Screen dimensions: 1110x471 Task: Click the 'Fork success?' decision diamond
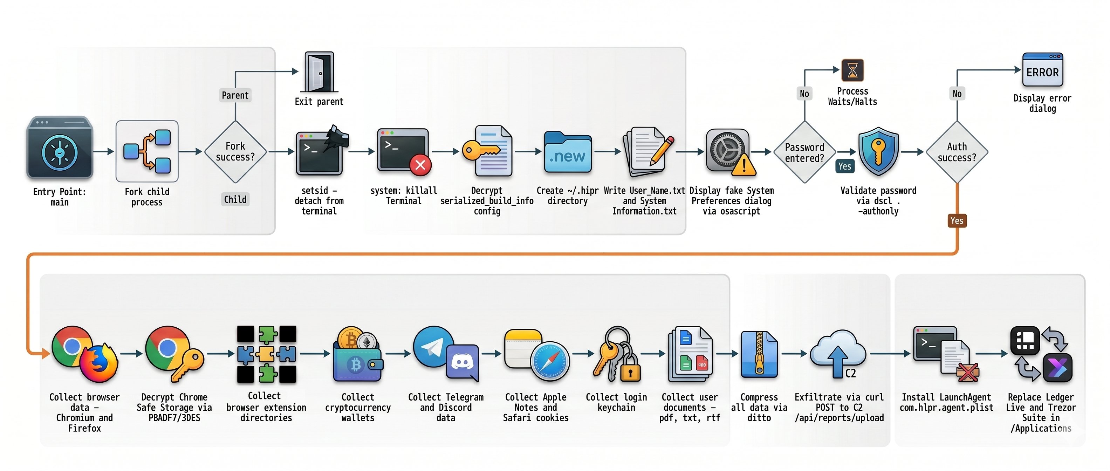click(235, 152)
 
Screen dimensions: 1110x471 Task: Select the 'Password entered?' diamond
click(804, 152)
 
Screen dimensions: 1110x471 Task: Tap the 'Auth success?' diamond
click(957, 152)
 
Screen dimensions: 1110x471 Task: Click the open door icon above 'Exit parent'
click(319, 72)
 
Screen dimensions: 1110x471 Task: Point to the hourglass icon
click(852, 70)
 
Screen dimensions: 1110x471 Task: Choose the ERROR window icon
click(1042, 70)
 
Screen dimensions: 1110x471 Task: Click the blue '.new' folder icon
click(568, 152)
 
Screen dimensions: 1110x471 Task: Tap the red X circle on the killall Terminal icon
click(420, 165)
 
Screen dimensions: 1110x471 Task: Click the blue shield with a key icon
click(878, 151)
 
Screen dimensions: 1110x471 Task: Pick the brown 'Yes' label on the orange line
click(957, 221)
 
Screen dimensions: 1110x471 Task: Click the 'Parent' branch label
click(235, 95)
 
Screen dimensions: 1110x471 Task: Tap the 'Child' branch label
click(235, 199)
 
